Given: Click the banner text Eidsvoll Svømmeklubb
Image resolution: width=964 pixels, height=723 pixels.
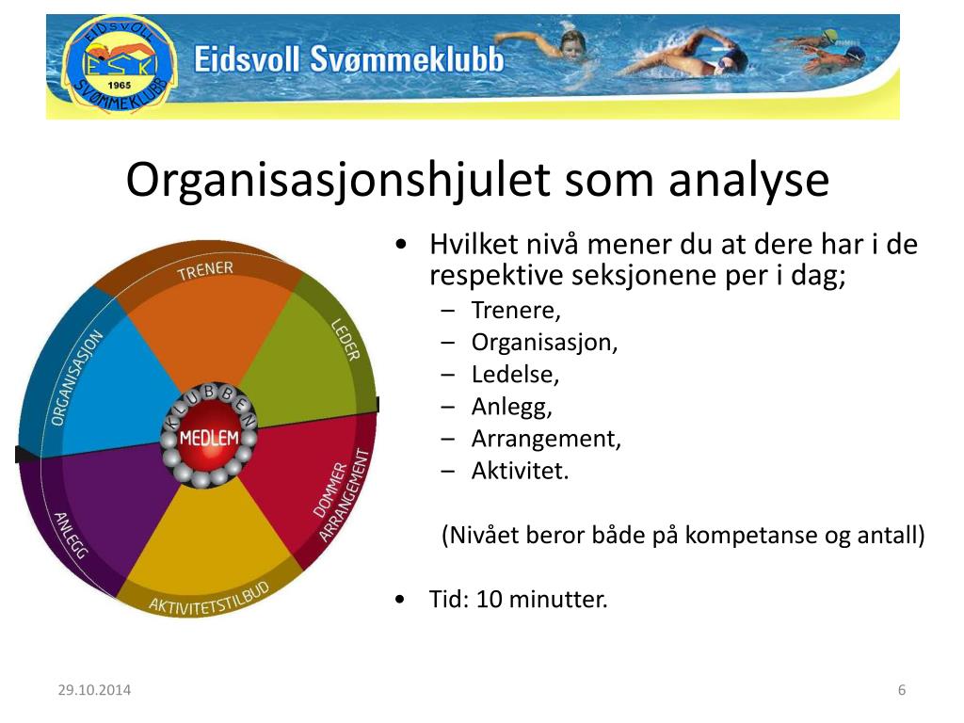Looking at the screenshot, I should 348,61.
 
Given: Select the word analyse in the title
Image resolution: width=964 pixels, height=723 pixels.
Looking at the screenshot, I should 748,180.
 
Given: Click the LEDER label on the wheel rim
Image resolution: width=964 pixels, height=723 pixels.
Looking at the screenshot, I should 345,340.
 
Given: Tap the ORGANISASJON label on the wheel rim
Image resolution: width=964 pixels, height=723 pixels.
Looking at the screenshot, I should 76,377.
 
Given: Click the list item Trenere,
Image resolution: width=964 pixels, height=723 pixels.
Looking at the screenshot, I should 516,311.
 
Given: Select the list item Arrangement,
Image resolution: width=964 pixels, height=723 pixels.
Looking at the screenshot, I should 546,439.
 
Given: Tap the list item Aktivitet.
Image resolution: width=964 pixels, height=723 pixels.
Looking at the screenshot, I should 520,471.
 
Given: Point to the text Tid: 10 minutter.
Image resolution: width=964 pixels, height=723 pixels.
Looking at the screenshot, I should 519,599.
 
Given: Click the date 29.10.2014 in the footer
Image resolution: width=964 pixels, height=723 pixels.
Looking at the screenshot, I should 94,690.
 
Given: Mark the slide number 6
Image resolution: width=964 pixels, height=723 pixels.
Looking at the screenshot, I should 901,690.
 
